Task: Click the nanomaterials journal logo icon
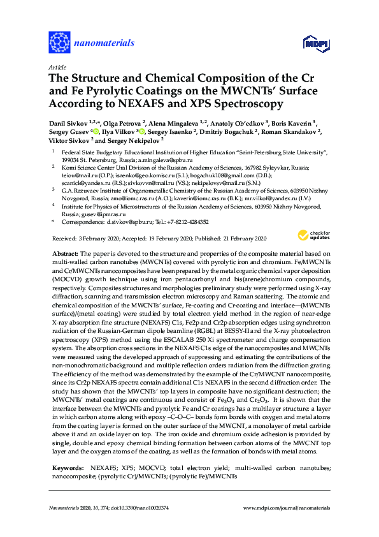pyautogui.click(x=60, y=43)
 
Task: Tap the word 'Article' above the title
pyautogui.click(x=57, y=67)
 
